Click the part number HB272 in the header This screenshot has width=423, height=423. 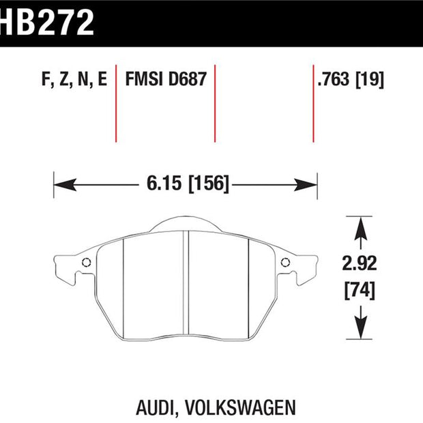(x=46, y=23)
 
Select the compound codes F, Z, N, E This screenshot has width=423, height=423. (x=74, y=80)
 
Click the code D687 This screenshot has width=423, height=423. (x=188, y=79)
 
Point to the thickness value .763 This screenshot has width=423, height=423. (x=334, y=79)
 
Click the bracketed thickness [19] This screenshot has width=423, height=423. (x=370, y=80)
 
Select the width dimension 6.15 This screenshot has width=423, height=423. (x=164, y=183)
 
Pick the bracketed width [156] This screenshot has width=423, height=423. (x=209, y=184)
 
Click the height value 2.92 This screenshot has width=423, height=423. (x=360, y=263)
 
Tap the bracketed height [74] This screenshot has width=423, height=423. (x=360, y=290)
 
